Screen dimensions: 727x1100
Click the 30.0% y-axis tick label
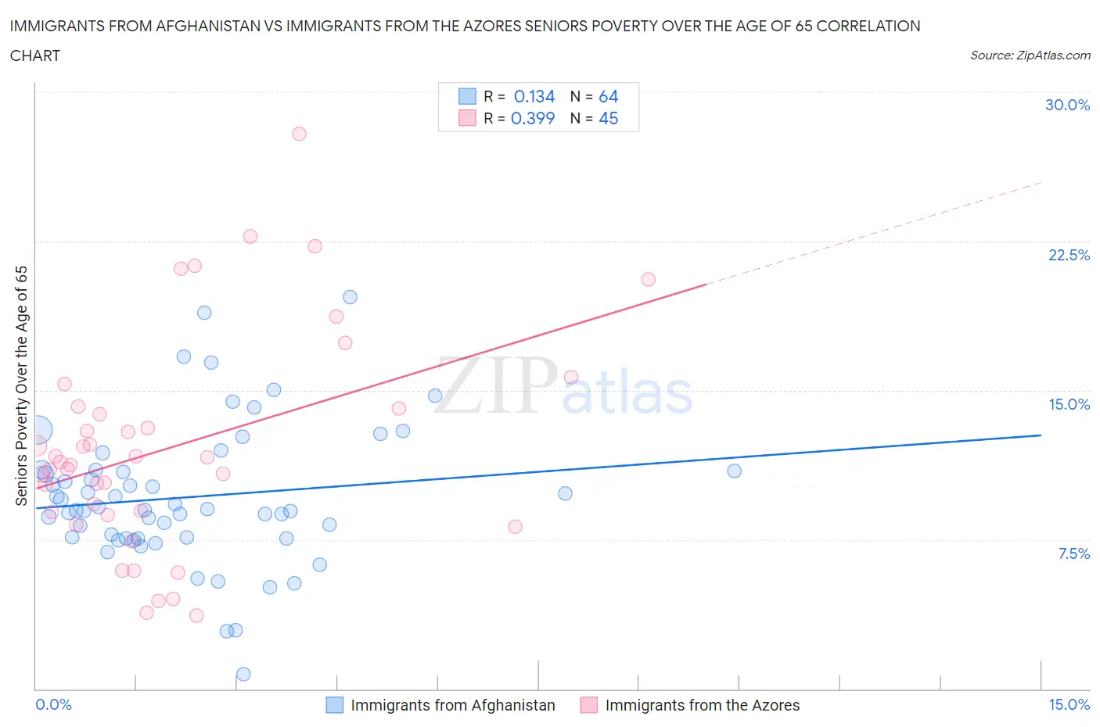point(1067,105)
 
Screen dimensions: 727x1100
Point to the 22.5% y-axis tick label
point(1069,255)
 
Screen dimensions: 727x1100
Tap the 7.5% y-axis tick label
point(1073,553)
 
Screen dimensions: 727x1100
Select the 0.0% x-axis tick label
point(53,704)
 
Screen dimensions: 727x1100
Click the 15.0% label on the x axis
point(1069,704)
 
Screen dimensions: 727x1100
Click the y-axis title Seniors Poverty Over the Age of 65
point(22,385)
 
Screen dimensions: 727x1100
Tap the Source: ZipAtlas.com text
point(1030,55)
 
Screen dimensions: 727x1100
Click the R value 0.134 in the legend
point(534,96)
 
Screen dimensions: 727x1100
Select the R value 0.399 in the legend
point(533,118)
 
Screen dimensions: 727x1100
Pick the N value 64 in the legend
point(608,96)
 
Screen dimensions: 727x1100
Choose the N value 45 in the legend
point(608,118)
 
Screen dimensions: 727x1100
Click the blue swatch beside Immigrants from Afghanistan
point(334,705)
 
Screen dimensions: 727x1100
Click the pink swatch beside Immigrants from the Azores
point(588,705)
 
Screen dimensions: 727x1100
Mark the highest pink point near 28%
point(299,134)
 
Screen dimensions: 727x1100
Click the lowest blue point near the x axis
point(243,674)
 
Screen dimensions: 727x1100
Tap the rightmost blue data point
point(734,471)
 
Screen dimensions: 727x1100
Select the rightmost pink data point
point(648,279)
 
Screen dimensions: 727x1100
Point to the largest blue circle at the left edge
point(38,429)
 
